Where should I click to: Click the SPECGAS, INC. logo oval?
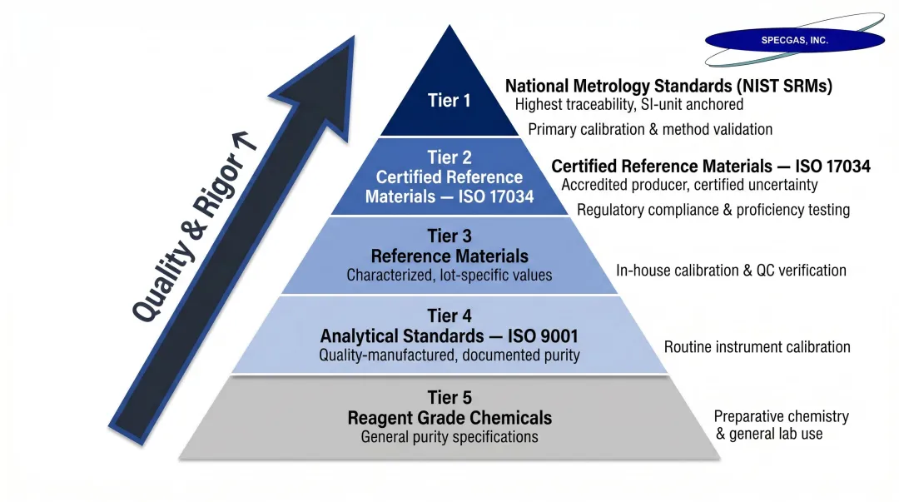[x=794, y=40]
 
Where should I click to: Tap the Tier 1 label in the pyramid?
[x=449, y=101]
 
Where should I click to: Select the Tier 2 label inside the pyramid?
[x=449, y=157]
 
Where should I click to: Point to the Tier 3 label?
[x=449, y=237]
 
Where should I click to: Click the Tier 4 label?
[x=449, y=316]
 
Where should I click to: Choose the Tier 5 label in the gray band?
[x=449, y=398]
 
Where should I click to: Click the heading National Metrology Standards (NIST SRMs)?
[x=668, y=86]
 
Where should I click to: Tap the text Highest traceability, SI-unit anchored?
[x=628, y=105]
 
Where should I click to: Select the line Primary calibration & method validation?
[x=650, y=129]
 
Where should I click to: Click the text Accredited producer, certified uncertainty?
[x=689, y=185]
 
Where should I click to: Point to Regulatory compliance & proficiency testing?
[x=713, y=210]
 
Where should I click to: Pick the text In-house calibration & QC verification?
[x=731, y=271]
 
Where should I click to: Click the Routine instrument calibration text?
[x=757, y=347]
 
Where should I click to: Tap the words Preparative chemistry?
[x=781, y=416]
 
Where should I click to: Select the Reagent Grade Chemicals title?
[x=449, y=418]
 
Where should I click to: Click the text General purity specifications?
[x=449, y=437]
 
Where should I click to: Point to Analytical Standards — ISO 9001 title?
[x=449, y=336]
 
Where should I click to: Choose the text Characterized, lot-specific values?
[x=449, y=275]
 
